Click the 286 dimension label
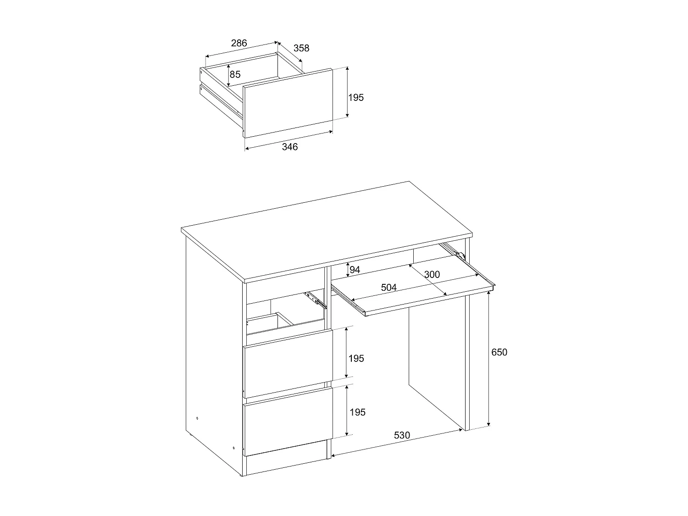[x=239, y=43]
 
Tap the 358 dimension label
[x=301, y=48]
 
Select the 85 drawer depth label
[x=235, y=74]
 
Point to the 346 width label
[x=289, y=147]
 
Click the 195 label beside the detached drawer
[x=356, y=97]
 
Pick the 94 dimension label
[x=355, y=270]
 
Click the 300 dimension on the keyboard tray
[x=432, y=275]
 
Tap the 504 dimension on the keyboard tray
[x=388, y=288]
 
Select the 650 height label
[x=499, y=352]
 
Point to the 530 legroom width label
[x=402, y=435]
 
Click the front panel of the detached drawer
[x=288, y=103]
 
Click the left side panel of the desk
[x=213, y=358]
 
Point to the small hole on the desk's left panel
[x=197, y=418]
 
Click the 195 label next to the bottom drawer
[x=357, y=412]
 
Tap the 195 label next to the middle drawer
[x=356, y=358]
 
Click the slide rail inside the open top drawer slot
[x=316, y=299]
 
